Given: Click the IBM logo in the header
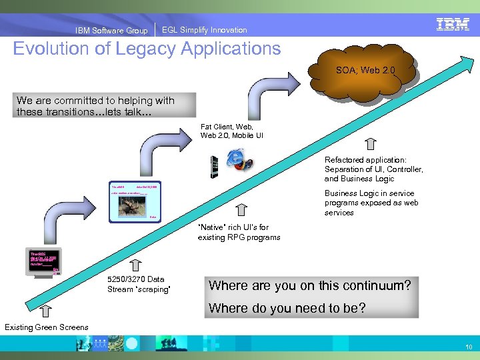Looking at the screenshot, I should (x=453, y=25).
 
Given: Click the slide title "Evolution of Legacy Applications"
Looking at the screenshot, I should (x=147, y=49).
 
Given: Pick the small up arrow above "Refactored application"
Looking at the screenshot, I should (x=371, y=144).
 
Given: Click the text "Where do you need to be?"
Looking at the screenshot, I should (x=287, y=308).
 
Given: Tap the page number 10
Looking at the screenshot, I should (x=469, y=347).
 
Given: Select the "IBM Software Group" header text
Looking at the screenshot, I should (x=111, y=30).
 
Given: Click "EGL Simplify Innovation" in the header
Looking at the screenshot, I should (x=204, y=30).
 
